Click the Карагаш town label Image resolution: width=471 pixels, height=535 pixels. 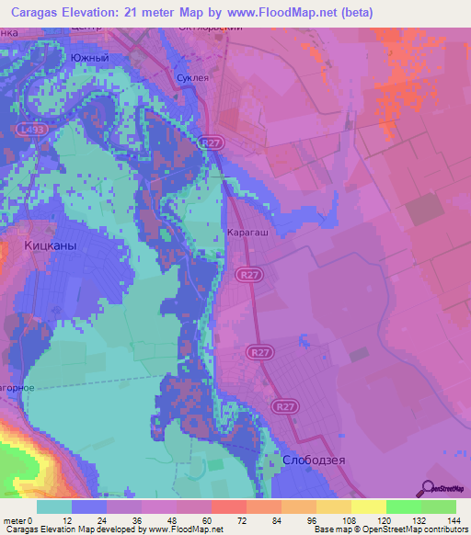coord(247,233)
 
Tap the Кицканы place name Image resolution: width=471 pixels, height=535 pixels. coord(50,247)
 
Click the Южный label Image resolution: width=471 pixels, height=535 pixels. coord(90,58)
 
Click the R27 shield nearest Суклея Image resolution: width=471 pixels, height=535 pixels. coord(212,142)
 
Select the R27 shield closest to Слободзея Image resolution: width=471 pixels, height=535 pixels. coord(283,404)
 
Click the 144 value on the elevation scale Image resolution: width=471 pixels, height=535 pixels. coord(454,520)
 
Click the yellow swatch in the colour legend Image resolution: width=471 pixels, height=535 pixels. coord(368,507)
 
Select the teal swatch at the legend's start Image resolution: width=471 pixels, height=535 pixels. coord(53,507)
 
